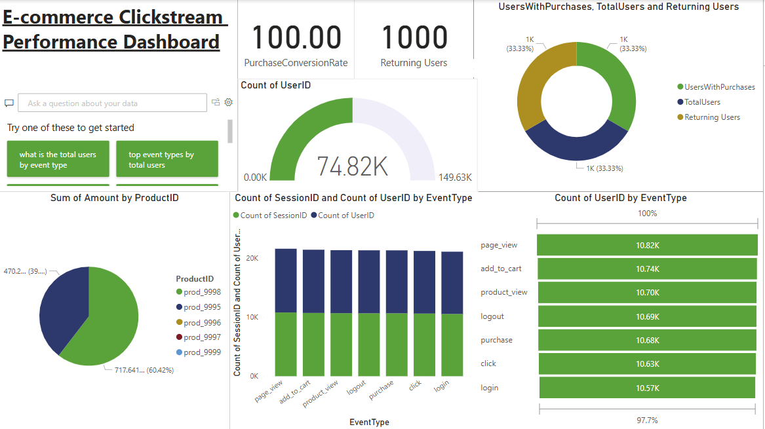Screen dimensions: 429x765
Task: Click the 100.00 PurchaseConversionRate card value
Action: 296,38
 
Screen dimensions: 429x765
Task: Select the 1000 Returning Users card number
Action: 414,38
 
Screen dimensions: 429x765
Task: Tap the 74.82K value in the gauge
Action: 353,167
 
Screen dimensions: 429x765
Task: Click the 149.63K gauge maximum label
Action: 455,177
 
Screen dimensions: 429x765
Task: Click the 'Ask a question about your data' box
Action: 113,103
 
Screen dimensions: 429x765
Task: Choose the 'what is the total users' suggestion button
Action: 58,160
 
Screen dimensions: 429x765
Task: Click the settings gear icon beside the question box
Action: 229,103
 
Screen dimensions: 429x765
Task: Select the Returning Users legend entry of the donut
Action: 712,117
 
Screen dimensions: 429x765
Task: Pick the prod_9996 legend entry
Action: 202,323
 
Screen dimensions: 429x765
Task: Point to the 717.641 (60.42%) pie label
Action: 138,370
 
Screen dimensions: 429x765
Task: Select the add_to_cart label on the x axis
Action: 295,391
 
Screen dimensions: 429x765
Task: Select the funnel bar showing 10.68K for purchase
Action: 647,340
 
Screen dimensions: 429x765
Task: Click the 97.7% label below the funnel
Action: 647,420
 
